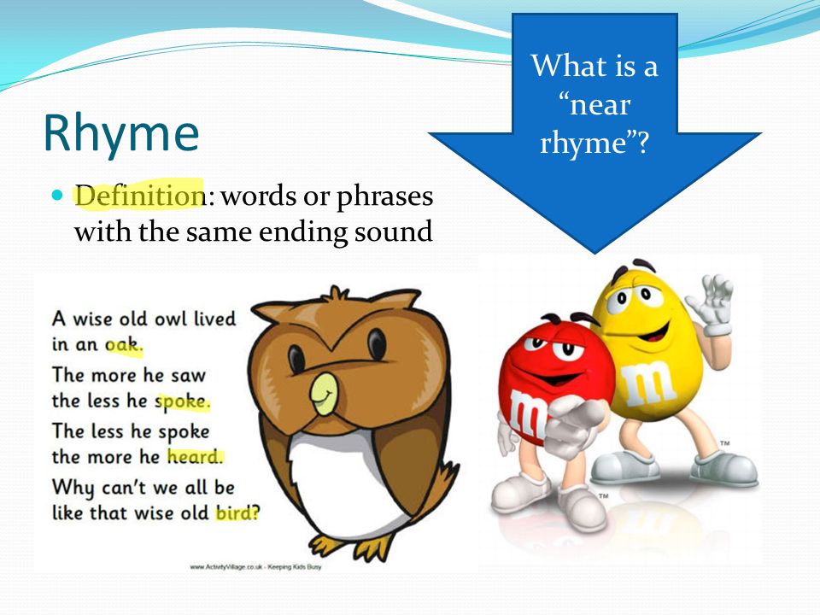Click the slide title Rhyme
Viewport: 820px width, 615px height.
click(121, 133)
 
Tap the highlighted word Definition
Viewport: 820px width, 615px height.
click(139, 196)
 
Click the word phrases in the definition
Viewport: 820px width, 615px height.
click(384, 197)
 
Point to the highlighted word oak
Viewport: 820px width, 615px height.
click(123, 344)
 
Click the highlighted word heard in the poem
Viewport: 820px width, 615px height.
click(195, 456)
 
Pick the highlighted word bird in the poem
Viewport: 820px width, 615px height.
click(237, 512)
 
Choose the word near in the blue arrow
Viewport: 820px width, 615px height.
click(600, 106)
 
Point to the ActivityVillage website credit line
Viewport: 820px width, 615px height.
click(255, 566)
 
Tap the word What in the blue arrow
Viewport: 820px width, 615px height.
click(564, 66)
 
